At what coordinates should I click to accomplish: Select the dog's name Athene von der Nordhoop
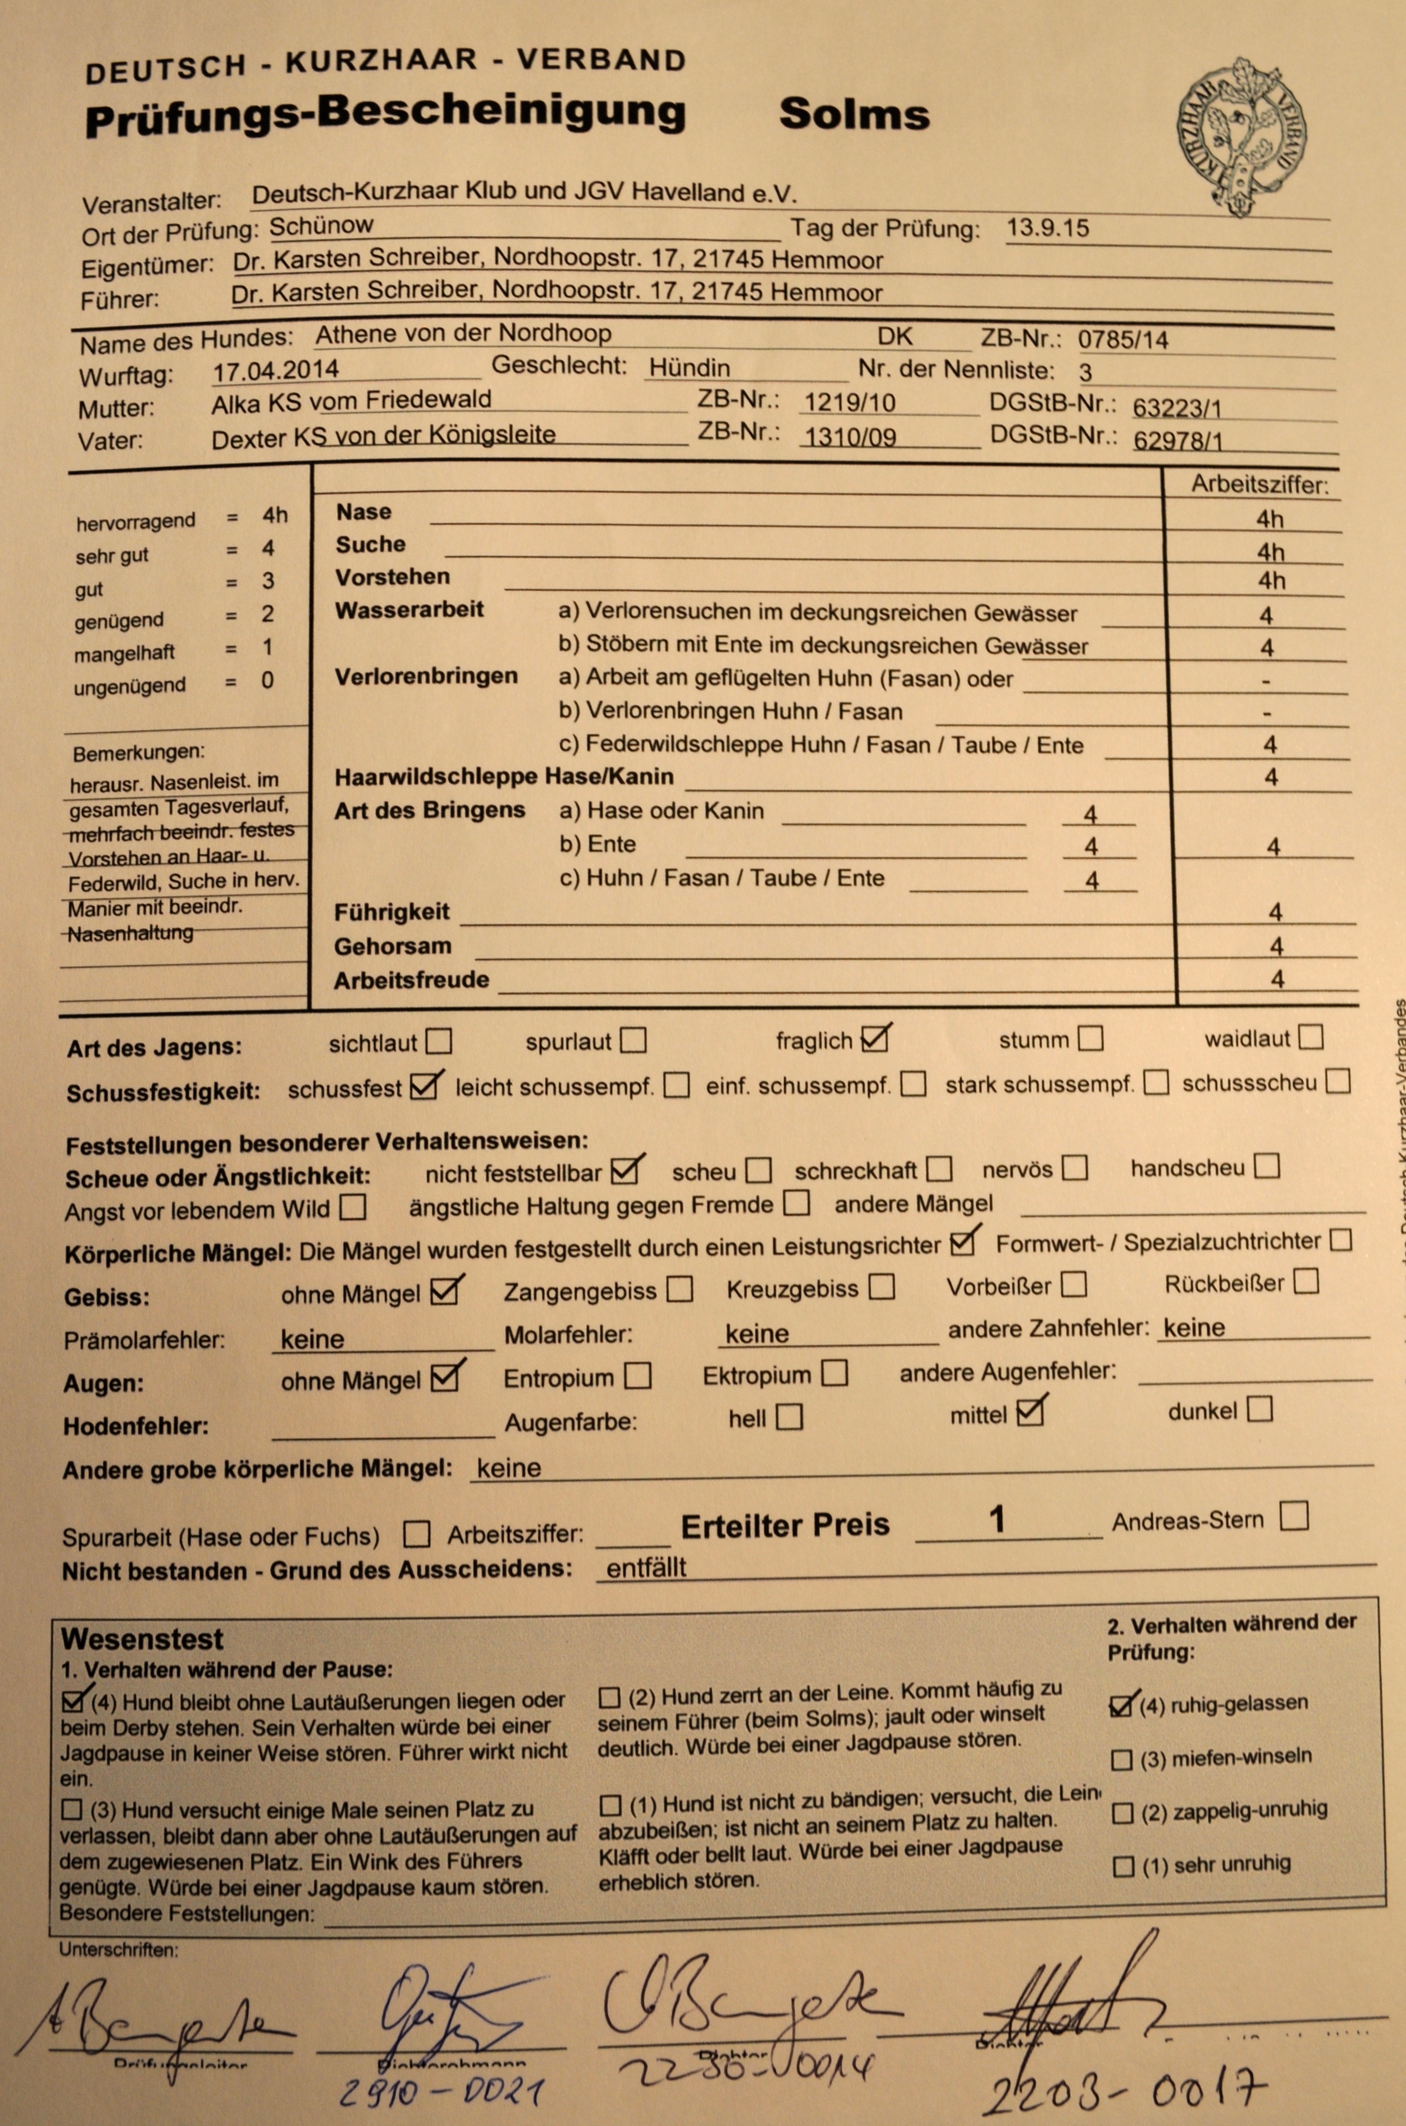coord(463,334)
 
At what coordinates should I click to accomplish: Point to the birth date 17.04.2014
coord(275,369)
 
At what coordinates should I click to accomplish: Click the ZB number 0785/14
coord(1123,340)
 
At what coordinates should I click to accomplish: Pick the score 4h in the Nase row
coord(1269,519)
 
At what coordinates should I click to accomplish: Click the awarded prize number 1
coord(996,1520)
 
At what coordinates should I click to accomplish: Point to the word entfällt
coord(646,1567)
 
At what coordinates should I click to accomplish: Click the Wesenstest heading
coord(141,1639)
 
